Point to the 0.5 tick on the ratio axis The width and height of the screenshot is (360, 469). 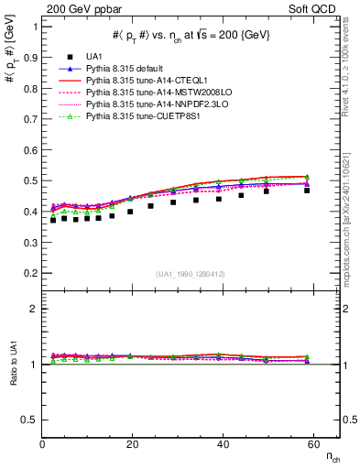point(30,420)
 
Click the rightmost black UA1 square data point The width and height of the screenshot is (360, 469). point(307,191)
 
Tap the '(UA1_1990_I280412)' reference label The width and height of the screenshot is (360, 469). point(191,273)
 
